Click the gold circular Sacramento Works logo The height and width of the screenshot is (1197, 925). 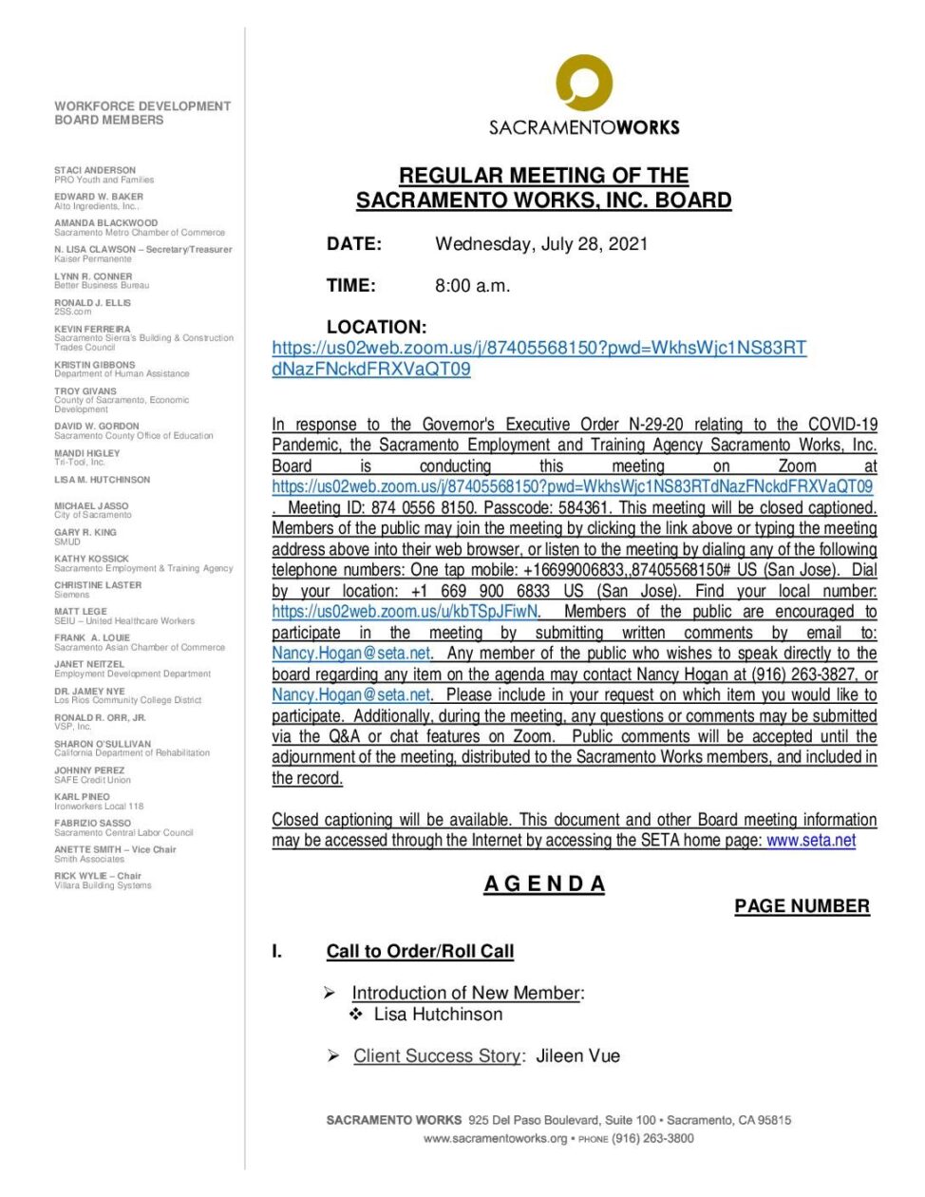click(583, 83)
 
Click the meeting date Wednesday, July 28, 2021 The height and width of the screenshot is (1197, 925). click(541, 244)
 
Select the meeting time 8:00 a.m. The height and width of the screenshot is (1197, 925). click(472, 286)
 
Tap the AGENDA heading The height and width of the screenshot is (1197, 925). click(544, 884)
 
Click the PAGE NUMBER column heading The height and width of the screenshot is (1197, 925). click(802, 906)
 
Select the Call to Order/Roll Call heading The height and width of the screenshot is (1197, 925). click(420, 951)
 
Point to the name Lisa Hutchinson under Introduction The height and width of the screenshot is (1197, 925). click(438, 1015)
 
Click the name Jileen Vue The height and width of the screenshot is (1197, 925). click(577, 1055)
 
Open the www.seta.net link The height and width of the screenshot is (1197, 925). click(811, 841)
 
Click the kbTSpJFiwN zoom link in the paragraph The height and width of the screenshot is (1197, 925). click(406, 612)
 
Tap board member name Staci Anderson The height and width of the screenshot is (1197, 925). click(95, 171)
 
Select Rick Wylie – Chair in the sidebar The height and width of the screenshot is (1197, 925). click(98, 876)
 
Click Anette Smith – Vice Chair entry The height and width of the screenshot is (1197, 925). click(115, 849)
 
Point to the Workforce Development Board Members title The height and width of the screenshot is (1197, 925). click(142, 113)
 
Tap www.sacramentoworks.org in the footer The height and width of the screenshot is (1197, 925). click(495, 1138)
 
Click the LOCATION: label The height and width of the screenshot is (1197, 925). click(376, 327)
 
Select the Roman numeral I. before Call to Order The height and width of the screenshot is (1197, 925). click(277, 951)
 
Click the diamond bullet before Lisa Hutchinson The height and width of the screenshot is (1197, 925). click(356, 1015)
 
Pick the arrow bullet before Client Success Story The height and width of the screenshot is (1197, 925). click(333, 1055)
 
